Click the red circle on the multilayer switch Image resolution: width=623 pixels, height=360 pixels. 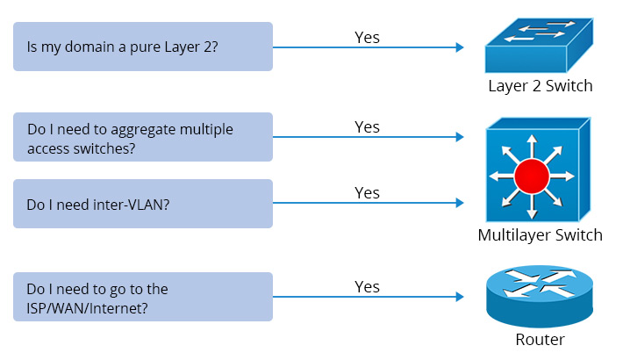coord(531,177)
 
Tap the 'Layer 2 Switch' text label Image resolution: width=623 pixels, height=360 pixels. coord(540,86)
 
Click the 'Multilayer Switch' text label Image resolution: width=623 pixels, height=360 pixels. coord(540,235)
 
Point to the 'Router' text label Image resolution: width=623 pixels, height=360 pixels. coord(540,340)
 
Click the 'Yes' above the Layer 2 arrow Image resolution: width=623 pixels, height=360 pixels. coord(367,37)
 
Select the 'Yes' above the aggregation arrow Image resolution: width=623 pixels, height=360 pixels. coord(367,127)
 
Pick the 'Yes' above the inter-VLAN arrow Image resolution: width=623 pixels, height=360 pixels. coord(367,192)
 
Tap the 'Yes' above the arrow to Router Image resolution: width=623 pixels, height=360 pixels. coord(367,287)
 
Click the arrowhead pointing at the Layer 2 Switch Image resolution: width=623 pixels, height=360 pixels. coord(459,48)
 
